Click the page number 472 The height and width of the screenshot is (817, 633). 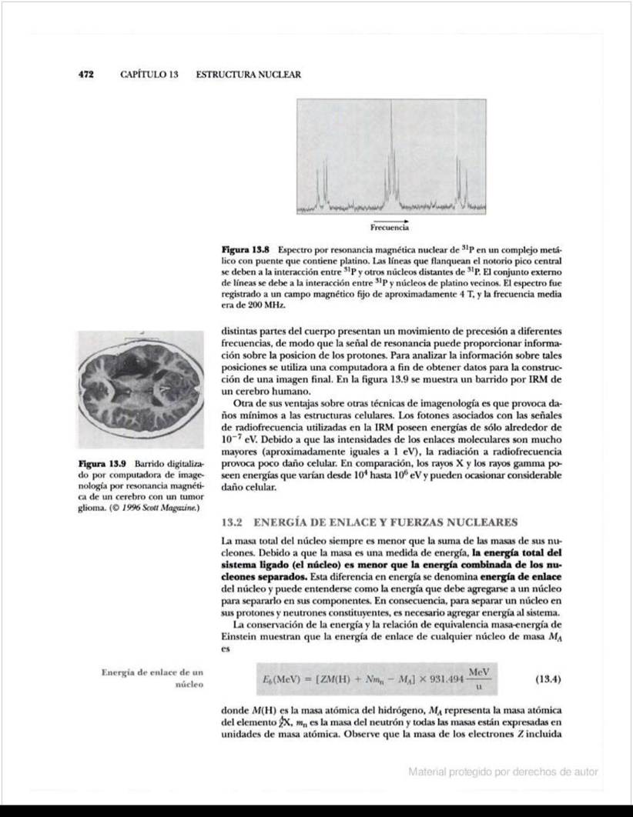(85, 75)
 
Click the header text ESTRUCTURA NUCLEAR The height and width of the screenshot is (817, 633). (248, 75)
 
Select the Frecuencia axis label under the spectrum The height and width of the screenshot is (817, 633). (390, 228)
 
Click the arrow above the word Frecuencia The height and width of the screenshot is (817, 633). (390, 220)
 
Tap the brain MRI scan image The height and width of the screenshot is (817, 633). (140, 392)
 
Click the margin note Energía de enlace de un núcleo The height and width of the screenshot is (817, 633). (152, 678)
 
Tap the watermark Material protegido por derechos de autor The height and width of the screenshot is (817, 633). (503, 772)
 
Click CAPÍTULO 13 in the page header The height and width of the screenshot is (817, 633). (149, 75)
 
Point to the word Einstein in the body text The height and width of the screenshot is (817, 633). (239, 635)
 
